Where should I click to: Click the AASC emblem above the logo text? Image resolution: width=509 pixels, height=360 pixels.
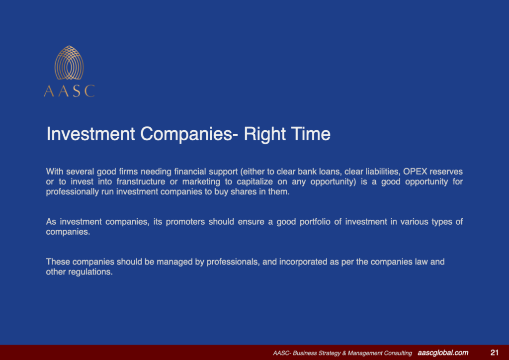coord(69,63)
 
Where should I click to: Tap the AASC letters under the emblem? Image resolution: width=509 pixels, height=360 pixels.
coord(69,91)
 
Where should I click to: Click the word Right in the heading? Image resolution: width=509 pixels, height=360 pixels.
coord(262,134)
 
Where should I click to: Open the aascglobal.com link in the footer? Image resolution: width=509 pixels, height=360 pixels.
coord(443,353)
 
